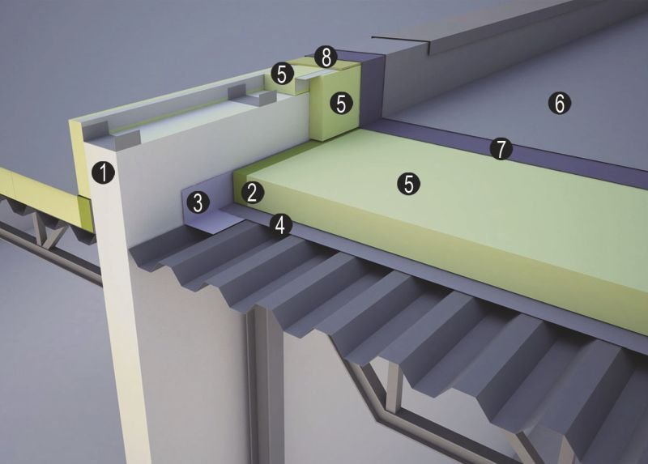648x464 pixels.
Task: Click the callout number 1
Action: pos(104,172)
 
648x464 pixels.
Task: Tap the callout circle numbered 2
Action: pos(253,193)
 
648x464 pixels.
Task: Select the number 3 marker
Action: pos(198,202)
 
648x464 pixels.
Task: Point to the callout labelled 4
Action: pos(280,225)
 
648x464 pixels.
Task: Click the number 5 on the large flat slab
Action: pos(408,184)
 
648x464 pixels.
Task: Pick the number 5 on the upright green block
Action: pos(341,104)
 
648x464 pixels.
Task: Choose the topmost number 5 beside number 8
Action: pos(282,74)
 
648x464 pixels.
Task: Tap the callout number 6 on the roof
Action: pos(560,103)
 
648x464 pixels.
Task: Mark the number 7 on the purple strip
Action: pos(501,149)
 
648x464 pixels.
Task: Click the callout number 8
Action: pos(326,57)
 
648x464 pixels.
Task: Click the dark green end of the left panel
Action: pos(86,212)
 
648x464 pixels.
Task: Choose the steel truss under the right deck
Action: pos(434,409)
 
